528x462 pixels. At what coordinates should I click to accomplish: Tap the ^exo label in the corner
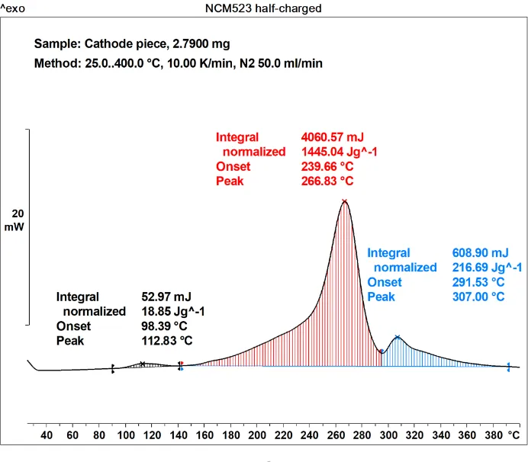pos(15,8)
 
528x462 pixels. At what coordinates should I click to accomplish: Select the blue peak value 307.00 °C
pos(476,297)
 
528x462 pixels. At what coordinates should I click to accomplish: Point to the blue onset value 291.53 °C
pos(476,282)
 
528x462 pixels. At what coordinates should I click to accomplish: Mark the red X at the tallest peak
pos(345,202)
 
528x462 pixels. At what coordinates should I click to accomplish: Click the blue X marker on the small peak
pos(397,337)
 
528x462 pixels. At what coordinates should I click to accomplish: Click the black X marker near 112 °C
pos(143,364)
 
